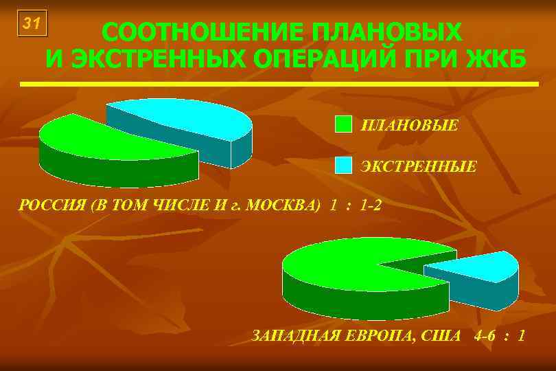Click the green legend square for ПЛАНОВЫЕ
coord(343,124)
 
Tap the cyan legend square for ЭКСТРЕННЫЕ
coord(343,166)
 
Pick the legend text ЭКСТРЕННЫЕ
coord(418,166)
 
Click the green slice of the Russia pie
coord(103,141)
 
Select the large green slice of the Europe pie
coord(336,265)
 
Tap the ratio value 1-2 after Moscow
coord(370,205)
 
